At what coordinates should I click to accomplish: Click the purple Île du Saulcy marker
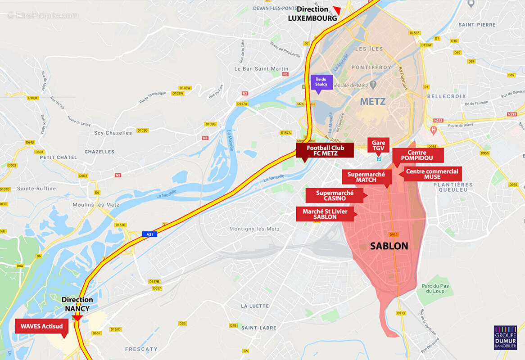point(321,82)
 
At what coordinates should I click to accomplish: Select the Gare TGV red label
point(378,145)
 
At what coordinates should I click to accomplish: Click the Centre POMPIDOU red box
point(417,155)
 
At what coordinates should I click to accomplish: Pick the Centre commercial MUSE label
point(432,174)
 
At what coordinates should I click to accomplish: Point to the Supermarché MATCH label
point(366,177)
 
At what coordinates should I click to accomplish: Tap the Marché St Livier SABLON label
point(325,214)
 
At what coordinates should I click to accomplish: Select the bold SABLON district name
point(389,246)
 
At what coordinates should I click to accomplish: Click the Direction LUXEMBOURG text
point(312,14)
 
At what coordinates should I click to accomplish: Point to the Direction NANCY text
point(77,304)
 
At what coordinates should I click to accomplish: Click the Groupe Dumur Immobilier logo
point(505,337)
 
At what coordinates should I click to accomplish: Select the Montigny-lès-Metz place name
point(254,229)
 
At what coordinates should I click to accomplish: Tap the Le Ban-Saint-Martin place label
point(261,69)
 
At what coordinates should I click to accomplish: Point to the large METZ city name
point(373,102)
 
